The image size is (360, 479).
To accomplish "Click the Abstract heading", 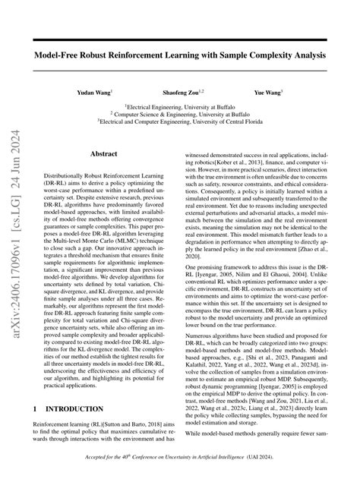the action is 104,153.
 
